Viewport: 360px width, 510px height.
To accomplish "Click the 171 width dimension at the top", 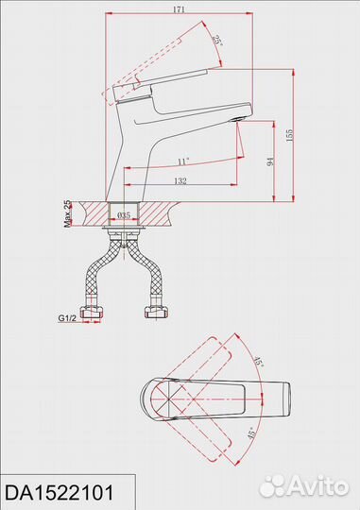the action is pos(179,9).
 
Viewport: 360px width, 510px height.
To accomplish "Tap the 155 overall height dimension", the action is pos(289,135).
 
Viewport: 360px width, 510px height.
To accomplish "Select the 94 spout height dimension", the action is pos(270,161).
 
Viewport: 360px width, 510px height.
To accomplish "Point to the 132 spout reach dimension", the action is pos(180,180).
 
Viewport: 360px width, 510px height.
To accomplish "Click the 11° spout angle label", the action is pos(183,161).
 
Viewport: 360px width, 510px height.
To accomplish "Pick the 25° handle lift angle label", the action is pos(217,41).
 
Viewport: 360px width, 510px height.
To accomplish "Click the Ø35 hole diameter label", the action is pos(124,215).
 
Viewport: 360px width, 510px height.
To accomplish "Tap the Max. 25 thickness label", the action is pos(67,213).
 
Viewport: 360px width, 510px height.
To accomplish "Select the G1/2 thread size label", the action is pos(67,318).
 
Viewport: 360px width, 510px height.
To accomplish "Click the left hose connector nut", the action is pos(93,312).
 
